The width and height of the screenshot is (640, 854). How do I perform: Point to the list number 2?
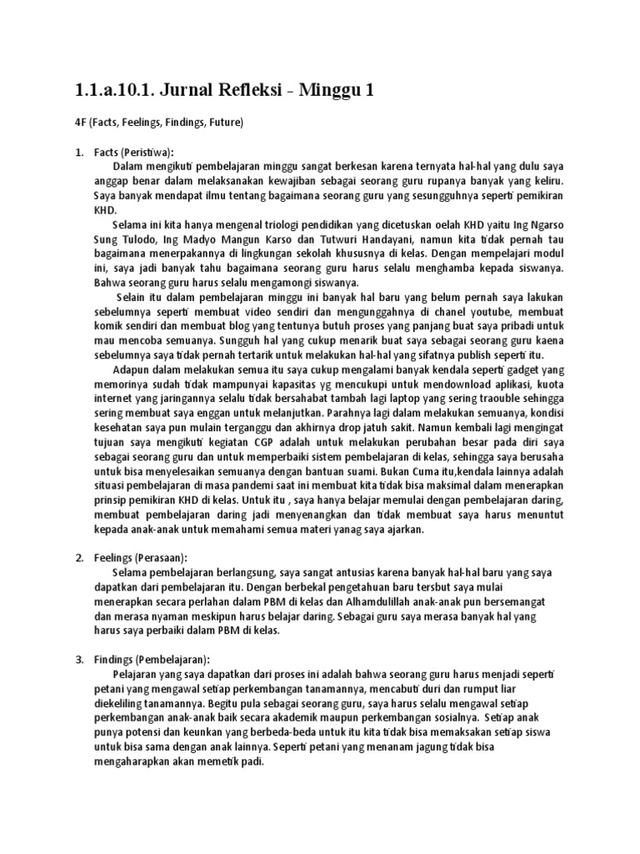79,557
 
